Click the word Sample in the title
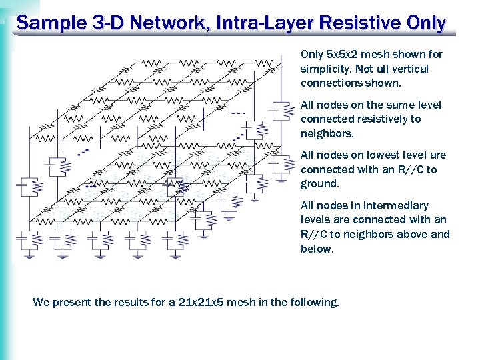(x=47, y=23)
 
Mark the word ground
(x=320, y=184)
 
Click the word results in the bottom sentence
(x=127, y=303)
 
